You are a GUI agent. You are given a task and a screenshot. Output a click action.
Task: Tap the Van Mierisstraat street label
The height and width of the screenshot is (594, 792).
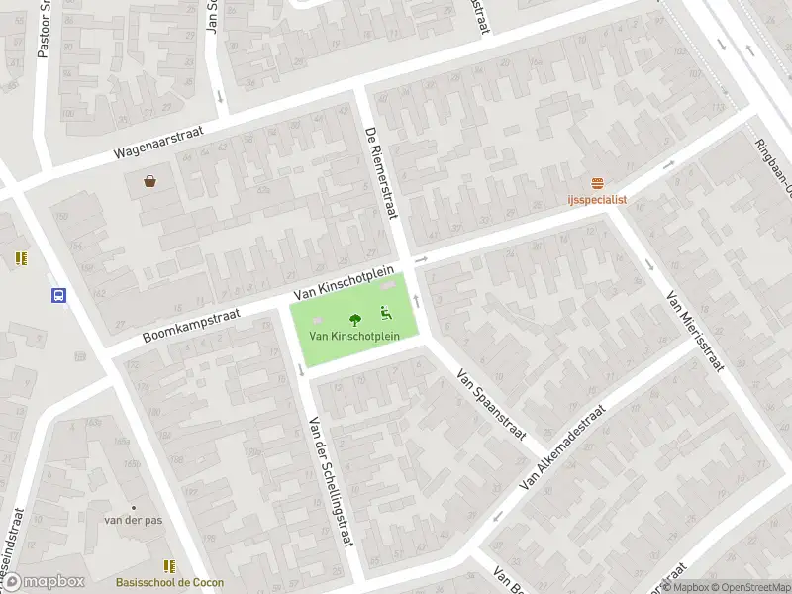[x=695, y=331]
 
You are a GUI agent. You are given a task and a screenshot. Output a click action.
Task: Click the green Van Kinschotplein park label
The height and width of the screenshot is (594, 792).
[x=354, y=336]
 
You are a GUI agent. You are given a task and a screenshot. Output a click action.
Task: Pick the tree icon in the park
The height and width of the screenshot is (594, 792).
[x=354, y=319]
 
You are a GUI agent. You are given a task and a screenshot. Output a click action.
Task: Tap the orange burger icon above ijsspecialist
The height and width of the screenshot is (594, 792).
[x=597, y=183]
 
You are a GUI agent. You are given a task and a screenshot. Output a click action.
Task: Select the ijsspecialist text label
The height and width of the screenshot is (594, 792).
[x=597, y=199]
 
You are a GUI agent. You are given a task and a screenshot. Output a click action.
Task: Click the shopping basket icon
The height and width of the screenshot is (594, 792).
[x=150, y=181]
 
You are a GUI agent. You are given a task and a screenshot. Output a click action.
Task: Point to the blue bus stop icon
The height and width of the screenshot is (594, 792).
[x=58, y=294]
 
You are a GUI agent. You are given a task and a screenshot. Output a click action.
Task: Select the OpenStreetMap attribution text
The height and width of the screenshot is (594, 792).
[x=749, y=587]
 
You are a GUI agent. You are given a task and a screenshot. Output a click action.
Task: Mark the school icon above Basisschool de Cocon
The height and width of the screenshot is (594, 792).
[x=170, y=567]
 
